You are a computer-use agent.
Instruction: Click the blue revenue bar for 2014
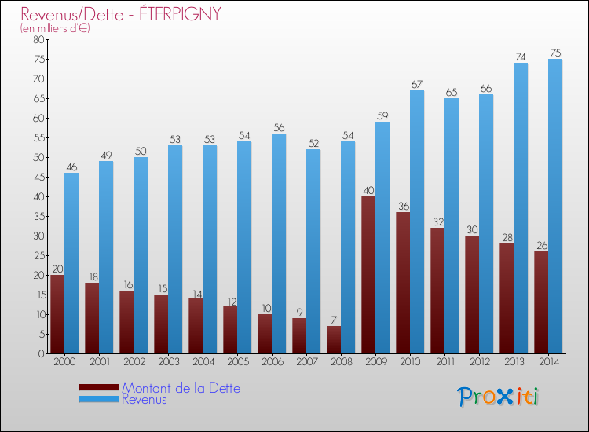[x=555, y=207]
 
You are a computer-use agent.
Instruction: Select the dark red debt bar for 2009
[x=368, y=275]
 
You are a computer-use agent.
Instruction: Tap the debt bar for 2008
[x=334, y=339]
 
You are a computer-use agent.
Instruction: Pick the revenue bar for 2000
[x=71, y=263]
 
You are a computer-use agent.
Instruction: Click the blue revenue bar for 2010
[x=417, y=222]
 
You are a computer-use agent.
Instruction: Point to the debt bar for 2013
[x=507, y=298]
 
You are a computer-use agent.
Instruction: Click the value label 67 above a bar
[x=417, y=84]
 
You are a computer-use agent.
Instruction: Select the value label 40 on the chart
[x=368, y=190]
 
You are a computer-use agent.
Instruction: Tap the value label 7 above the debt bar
[x=334, y=320]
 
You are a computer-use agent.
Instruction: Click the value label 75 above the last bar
[x=555, y=53]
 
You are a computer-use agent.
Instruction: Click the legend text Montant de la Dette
[x=181, y=388]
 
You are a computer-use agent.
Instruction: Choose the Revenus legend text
[x=145, y=399]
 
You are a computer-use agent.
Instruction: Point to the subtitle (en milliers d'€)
[x=55, y=28]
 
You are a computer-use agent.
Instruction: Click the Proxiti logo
[x=498, y=397]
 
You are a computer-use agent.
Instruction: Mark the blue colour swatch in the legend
[x=98, y=400]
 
